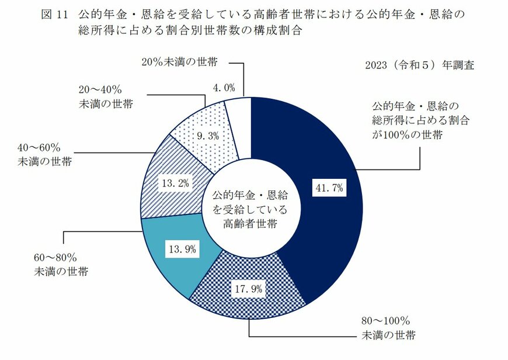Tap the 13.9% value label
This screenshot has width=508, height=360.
pos(182,250)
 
